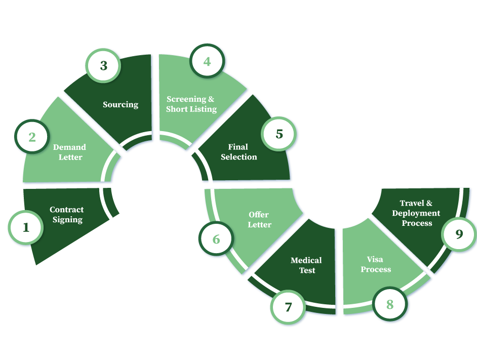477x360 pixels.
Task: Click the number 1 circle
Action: (x=26, y=227)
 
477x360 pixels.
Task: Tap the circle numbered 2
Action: (x=32, y=137)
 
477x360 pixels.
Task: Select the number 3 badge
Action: (x=104, y=65)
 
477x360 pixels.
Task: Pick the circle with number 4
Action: (x=207, y=62)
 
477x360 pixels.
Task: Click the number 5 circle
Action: (x=279, y=134)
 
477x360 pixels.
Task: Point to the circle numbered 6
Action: (x=216, y=239)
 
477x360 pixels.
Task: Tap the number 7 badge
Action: (x=288, y=307)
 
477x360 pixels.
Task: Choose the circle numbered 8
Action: (x=390, y=305)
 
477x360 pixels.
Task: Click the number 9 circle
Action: (x=459, y=234)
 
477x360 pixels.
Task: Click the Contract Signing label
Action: (x=67, y=215)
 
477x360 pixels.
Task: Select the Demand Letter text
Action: (x=69, y=152)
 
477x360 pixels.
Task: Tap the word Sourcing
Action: (x=121, y=105)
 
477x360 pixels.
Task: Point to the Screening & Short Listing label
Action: (x=191, y=104)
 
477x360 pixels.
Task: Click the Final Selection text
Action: (x=238, y=152)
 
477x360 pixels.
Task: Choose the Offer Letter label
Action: (x=259, y=220)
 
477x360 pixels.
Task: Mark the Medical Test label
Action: (x=306, y=265)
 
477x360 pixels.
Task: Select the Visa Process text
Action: (x=376, y=264)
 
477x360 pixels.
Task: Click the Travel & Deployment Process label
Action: (x=416, y=213)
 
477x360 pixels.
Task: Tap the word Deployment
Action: (x=416, y=213)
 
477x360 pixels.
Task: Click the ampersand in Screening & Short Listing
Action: (x=211, y=99)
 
